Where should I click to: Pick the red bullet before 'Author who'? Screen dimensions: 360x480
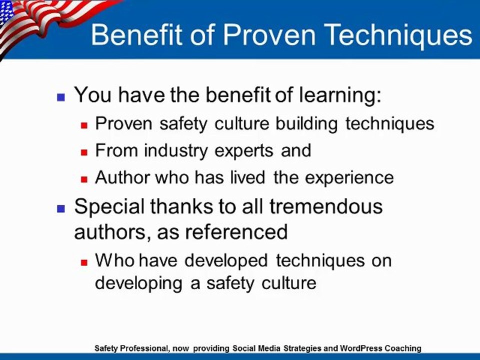coord(84,178)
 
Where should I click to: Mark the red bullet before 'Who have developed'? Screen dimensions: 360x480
coord(84,261)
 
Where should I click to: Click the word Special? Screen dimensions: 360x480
coord(111,207)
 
